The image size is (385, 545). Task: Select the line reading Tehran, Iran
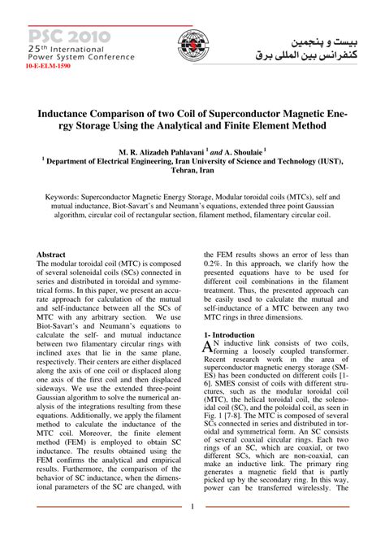[192, 172]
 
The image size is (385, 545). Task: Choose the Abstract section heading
[51, 255]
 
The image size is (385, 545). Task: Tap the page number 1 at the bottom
[192, 530]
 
